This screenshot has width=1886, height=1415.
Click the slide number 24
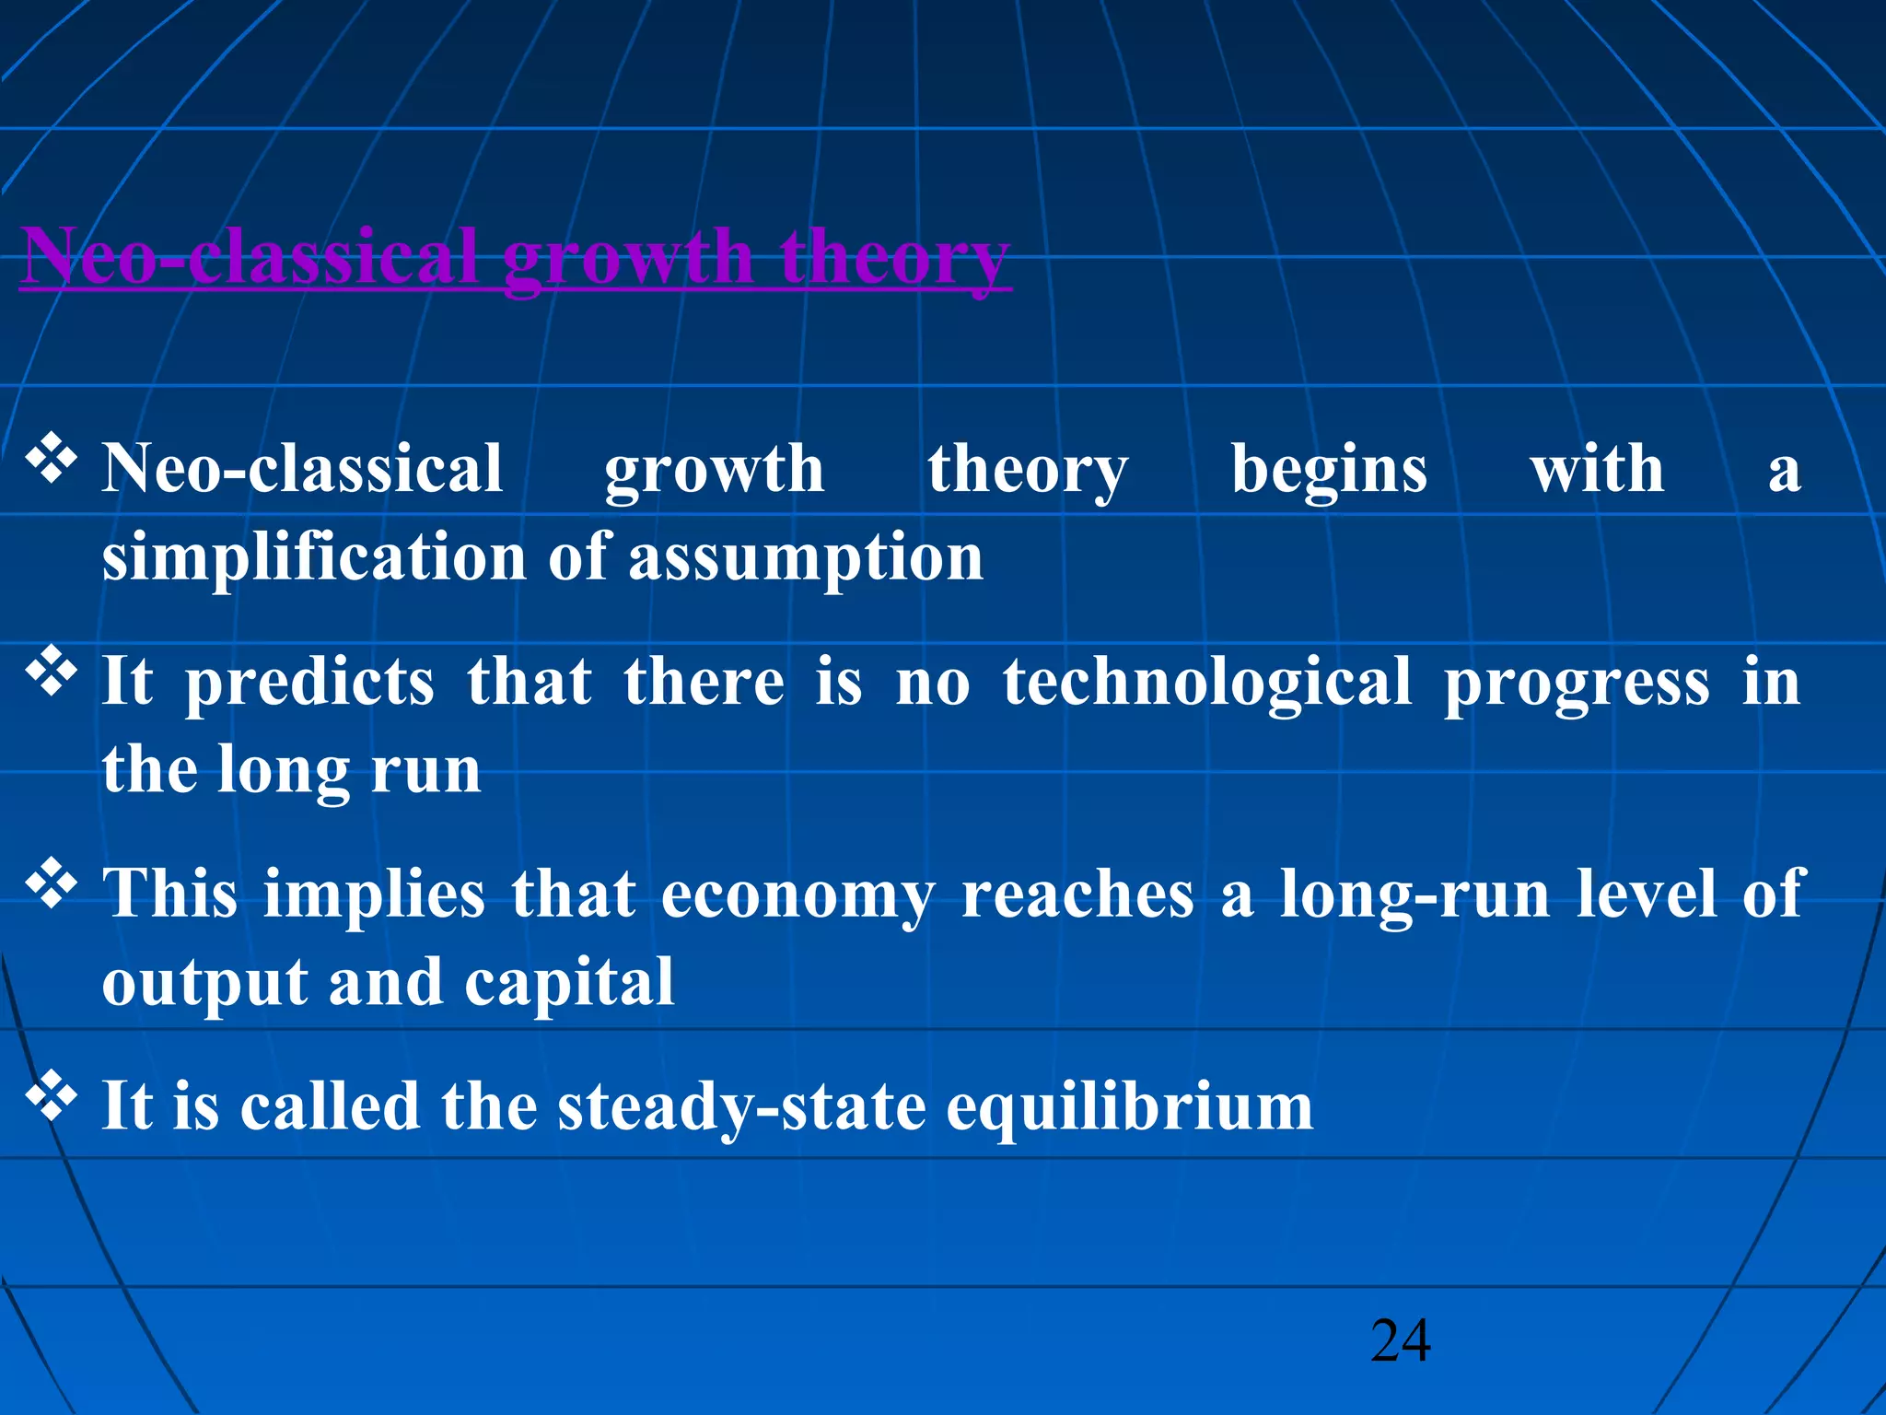[1400, 1340]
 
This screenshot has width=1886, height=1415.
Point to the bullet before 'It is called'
[51, 1096]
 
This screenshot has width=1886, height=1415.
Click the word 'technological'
[1206, 684]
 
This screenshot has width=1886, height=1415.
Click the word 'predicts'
[309, 684]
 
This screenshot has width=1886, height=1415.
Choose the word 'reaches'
[1077, 895]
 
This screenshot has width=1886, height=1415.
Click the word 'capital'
[569, 984]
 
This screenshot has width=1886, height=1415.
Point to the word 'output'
[204, 984]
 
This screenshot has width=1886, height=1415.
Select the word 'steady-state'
[741, 1107]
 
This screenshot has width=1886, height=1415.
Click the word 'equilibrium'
[1129, 1107]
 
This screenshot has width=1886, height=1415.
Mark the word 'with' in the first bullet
[1597, 470]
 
